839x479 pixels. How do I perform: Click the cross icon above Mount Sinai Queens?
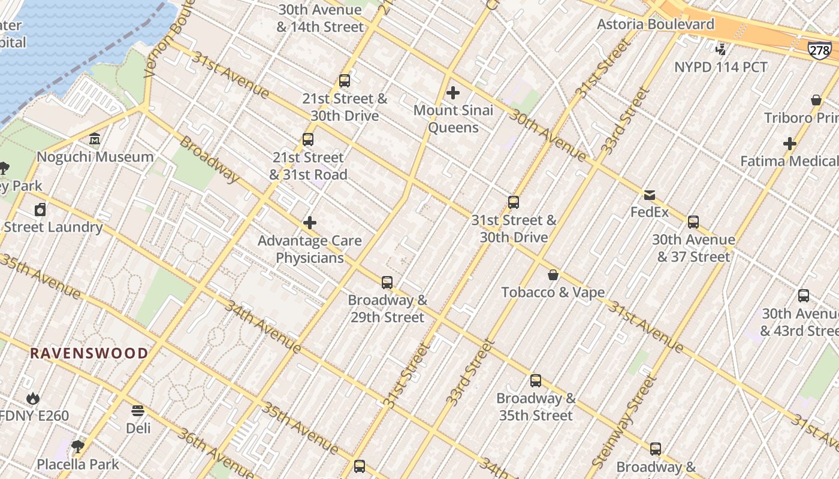click(x=453, y=93)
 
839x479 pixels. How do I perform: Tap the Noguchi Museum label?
click(x=95, y=157)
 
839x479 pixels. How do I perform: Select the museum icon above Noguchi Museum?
click(x=95, y=140)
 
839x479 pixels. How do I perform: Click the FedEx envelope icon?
click(x=650, y=195)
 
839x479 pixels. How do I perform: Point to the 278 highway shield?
click(x=819, y=50)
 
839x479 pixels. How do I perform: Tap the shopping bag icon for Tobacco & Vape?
click(x=553, y=275)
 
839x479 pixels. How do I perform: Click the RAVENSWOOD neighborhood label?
click(x=89, y=353)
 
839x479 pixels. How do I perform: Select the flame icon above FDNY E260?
click(x=33, y=398)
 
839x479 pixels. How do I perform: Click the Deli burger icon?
click(x=138, y=411)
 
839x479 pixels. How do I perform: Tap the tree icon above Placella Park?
click(x=77, y=446)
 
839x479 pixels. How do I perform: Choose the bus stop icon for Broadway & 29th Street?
click(x=387, y=282)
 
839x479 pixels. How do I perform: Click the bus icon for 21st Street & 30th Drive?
click(x=344, y=81)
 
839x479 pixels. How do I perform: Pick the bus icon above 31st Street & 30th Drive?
click(x=514, y=202)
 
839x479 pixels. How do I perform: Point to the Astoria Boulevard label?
click(x=656, y=25)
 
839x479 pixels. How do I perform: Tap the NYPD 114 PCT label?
click(x=720, y=67)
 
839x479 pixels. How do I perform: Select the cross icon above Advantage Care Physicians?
click(x=310, y=223)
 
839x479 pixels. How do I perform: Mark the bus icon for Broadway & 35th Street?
click(x=536, y=381)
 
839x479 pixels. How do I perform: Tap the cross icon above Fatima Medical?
click(x=790, y=144)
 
